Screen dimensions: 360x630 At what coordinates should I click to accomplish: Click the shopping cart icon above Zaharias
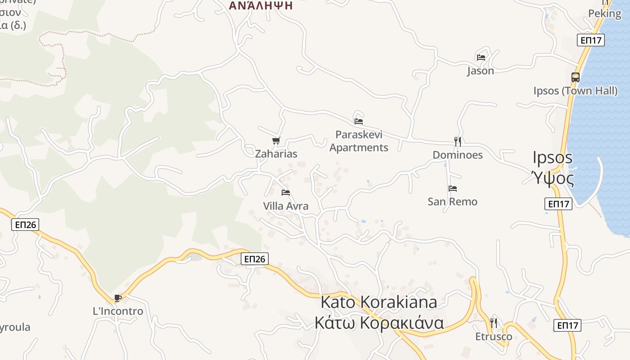(x=276, y=141)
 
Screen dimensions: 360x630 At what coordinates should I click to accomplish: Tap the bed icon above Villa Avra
(x=285, y=193)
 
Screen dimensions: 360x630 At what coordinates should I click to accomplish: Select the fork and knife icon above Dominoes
(x=458, y=142)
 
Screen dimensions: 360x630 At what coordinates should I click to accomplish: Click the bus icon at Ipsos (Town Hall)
(x=575, y=77)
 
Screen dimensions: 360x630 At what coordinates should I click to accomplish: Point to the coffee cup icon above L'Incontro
(x=118, y=298)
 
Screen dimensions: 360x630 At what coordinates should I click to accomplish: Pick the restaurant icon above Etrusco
(x=494, y=323)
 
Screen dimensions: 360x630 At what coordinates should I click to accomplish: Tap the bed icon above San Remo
(x=453, y=189)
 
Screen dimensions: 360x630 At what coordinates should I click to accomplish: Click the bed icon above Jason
(x=481, y=58)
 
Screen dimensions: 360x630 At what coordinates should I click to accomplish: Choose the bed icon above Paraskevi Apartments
(x=359, y=121)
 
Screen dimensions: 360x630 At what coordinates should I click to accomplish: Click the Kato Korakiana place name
(x=378, y=302)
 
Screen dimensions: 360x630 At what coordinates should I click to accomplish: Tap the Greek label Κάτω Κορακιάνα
(x=379, y=323)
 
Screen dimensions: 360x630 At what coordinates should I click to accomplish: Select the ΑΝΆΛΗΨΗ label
(x=261, y=6)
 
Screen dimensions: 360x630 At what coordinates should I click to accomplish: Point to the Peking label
(x=605, y=13)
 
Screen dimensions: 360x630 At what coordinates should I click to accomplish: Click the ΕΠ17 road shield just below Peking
(x=591, y=40)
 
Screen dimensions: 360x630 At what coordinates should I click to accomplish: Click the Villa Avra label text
(x=286, y=206)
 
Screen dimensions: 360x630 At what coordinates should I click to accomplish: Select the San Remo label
(x=452, y=201)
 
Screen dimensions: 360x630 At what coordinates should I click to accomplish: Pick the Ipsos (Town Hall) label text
(x=576, y=91)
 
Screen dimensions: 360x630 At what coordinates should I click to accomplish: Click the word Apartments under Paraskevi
(x=359, y=148)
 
